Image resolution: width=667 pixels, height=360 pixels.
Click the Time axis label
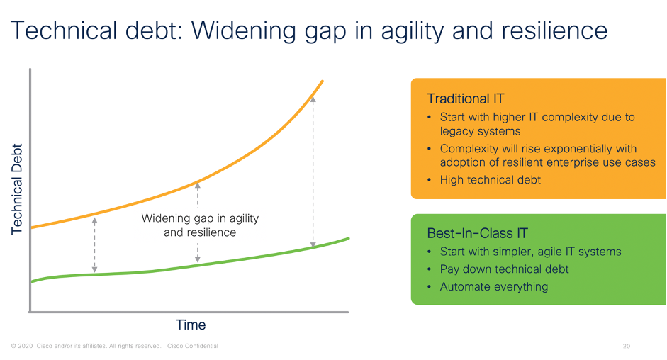coord(191,325)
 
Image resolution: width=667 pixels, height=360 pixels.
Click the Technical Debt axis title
coord(16,189)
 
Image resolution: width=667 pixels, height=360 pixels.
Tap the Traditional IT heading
coord(466,99)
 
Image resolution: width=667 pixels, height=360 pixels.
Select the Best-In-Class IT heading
coord(477,233)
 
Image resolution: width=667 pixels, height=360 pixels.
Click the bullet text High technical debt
coord(490,179)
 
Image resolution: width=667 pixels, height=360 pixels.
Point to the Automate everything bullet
coord(494,287)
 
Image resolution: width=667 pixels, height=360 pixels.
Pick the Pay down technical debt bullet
coord(504,269)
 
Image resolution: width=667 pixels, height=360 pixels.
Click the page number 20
coord(626,346)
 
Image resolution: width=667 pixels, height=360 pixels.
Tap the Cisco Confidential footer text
coord(192,346)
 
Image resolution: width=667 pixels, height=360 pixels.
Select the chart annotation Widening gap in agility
coord(200,218)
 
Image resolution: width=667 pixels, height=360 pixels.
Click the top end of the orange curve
coord(323,81)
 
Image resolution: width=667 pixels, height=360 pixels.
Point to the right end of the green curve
coord(349,238)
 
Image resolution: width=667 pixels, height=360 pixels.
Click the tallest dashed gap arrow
coord(313,172)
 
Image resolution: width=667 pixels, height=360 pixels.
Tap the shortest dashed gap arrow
coord(94,244)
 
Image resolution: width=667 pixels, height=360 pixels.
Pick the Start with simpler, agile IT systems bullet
coord(530,252)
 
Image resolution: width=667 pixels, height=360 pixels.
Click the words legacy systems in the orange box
coord(481,131)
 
